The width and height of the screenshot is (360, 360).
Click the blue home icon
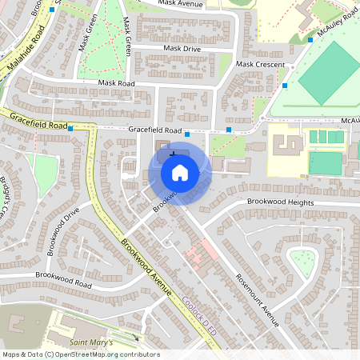[x=180, y=172]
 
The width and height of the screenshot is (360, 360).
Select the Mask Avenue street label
[x=181, y=3]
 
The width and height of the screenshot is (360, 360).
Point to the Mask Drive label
[x=182, y=49]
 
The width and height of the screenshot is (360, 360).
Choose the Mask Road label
[x=118, y=82]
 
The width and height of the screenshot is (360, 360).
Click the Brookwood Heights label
[x=280, y=202]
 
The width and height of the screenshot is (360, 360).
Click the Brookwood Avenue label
[x=147, y=265]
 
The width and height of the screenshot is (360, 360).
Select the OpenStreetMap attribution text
[x=80, y=354]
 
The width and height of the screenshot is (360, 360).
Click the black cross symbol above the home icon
[x=173, y=151]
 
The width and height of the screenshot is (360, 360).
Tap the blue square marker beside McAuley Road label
[x=310, y=39]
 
